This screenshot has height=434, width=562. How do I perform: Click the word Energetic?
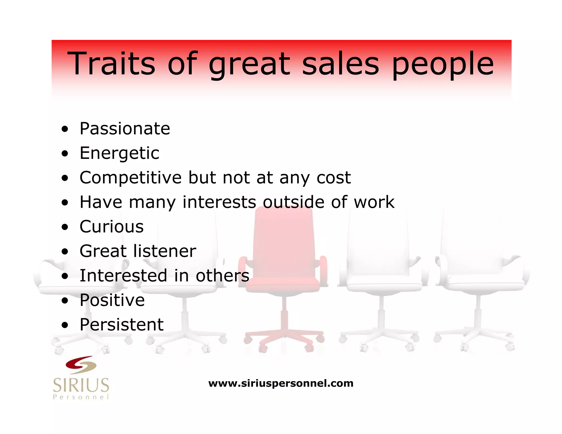tap(119, 153)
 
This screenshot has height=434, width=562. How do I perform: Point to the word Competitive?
tap(131, 178)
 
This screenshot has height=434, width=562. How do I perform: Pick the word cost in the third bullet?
tap(334, 178)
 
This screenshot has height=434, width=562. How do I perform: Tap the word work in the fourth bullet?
tap(374, 202)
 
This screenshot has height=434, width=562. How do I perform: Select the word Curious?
tap(111, 227)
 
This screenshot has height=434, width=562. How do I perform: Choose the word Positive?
tap(112, 300)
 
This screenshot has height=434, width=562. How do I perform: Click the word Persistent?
tap(122, 325)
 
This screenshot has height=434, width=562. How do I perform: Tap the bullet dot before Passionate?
tap(65, 129)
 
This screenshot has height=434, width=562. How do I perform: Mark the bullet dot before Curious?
tap(65, 227)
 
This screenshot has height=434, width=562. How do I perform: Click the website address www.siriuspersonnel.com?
tap(281, 383)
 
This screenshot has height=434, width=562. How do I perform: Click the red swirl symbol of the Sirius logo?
tap(81, 365)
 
